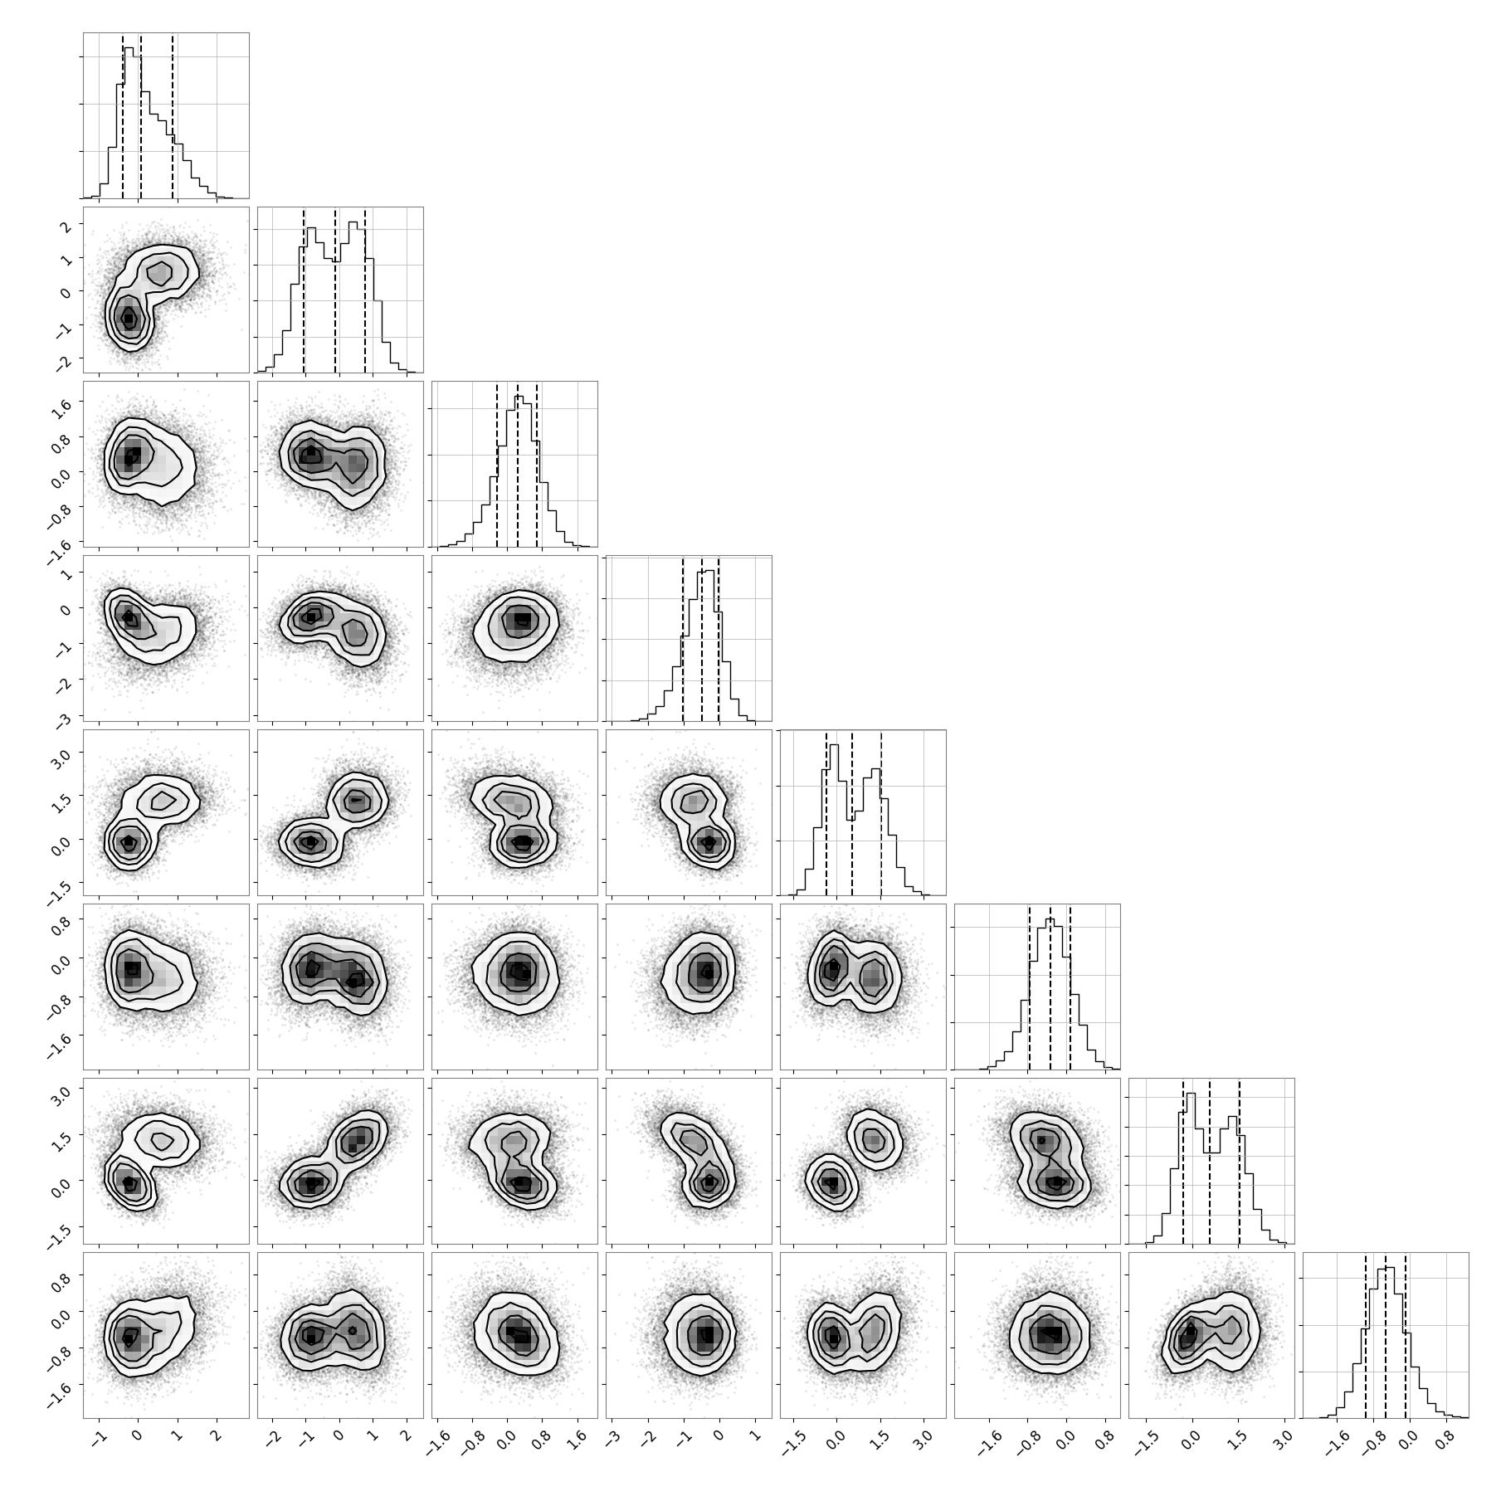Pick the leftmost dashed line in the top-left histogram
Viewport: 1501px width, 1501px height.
(123, 116)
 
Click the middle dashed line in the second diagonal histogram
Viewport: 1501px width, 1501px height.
(335, 290)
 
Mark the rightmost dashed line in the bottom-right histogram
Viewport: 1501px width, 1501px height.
(1406, 1335)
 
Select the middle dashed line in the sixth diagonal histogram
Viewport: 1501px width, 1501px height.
(1050, 987)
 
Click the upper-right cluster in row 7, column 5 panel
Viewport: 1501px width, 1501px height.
(872, 1140)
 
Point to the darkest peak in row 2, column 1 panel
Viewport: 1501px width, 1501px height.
(128, 319)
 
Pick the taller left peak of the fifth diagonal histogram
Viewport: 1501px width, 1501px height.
(834, 746)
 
